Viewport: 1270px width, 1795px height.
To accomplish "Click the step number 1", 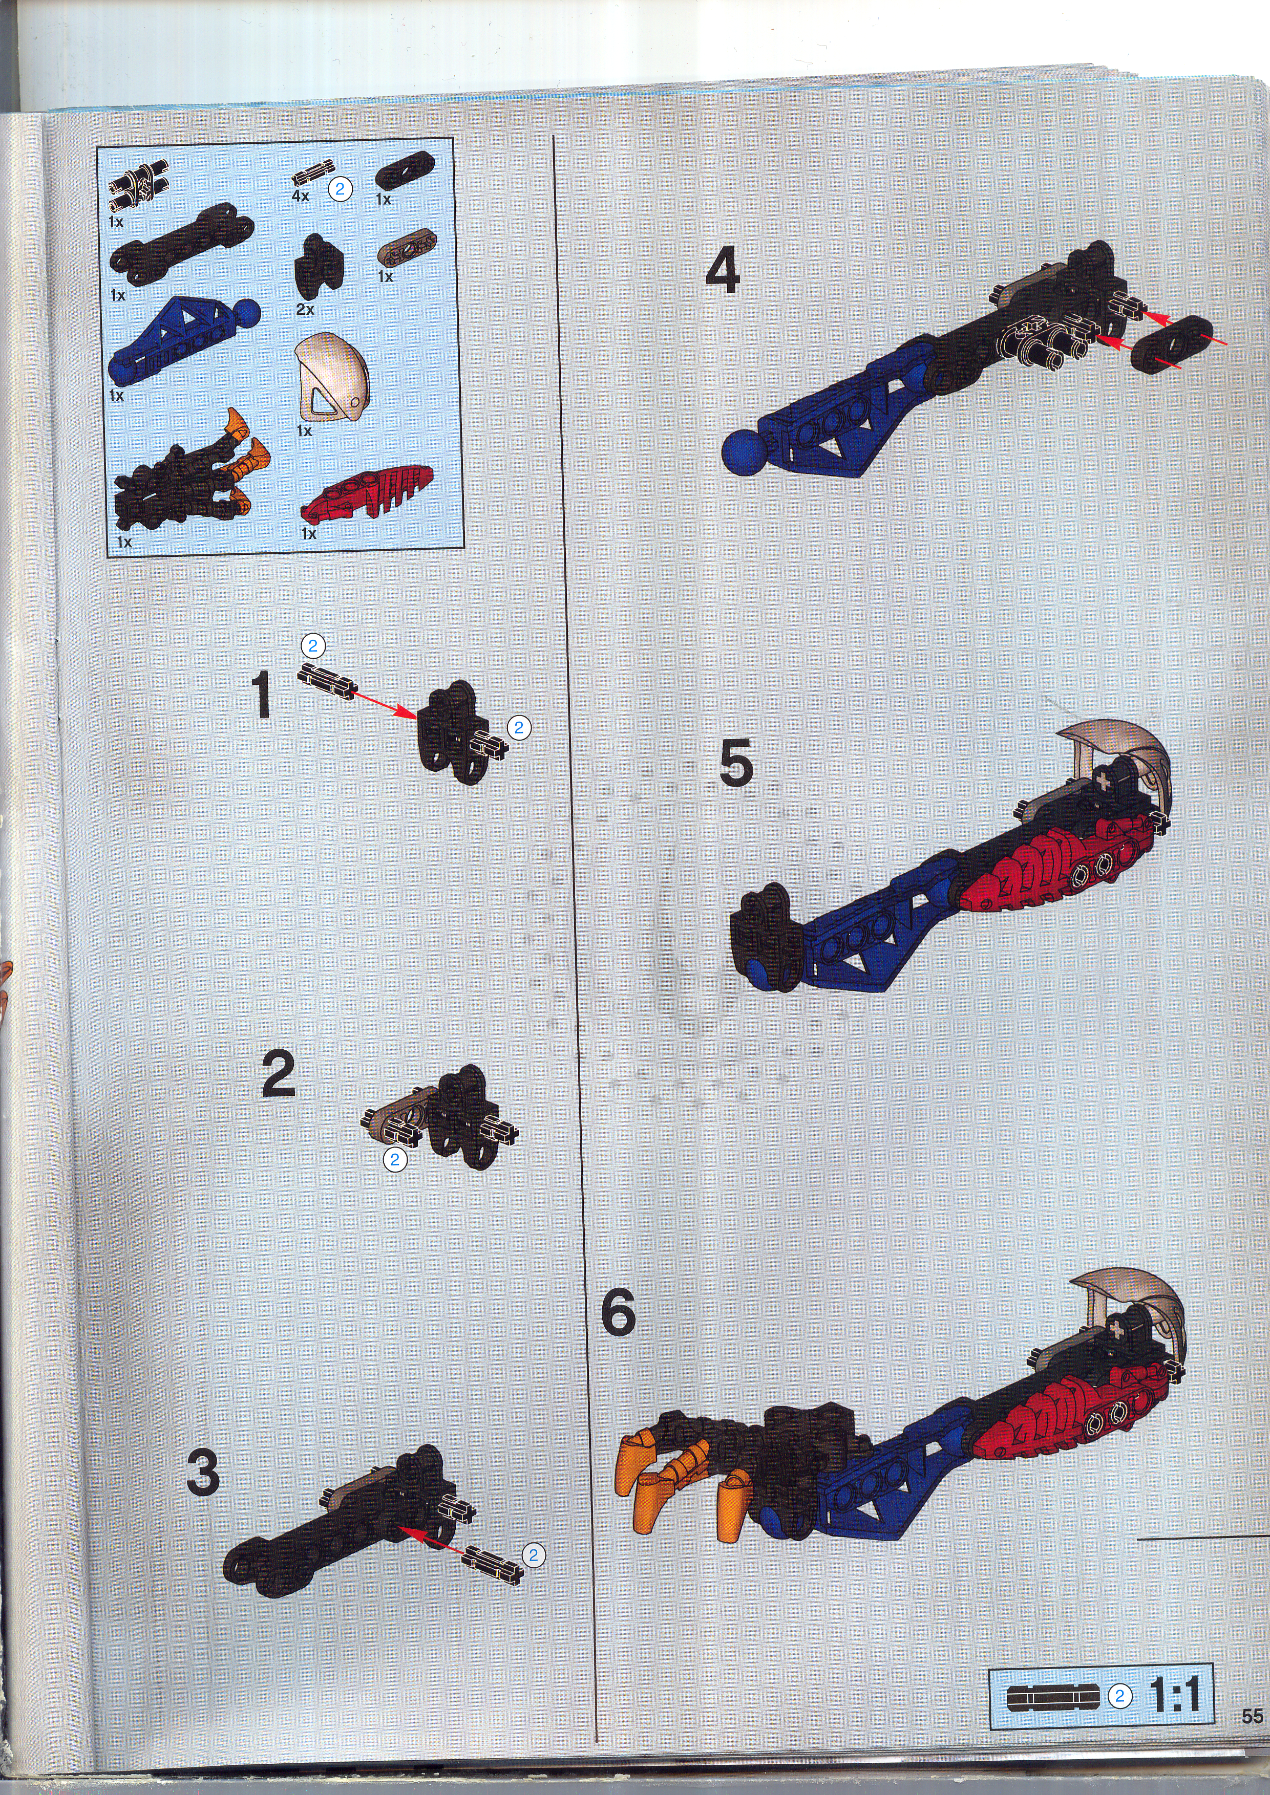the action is coord(261,694).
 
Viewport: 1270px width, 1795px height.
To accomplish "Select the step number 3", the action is coord(203,1472).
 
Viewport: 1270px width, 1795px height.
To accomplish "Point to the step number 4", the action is coord(723,270).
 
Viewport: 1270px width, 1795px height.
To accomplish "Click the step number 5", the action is coord(736,762).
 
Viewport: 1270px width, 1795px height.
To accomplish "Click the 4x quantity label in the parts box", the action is coord(300,196).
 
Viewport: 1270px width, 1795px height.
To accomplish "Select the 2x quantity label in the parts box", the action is coord(305,310).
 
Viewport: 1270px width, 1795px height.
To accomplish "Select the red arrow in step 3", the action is coord(435,1538).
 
